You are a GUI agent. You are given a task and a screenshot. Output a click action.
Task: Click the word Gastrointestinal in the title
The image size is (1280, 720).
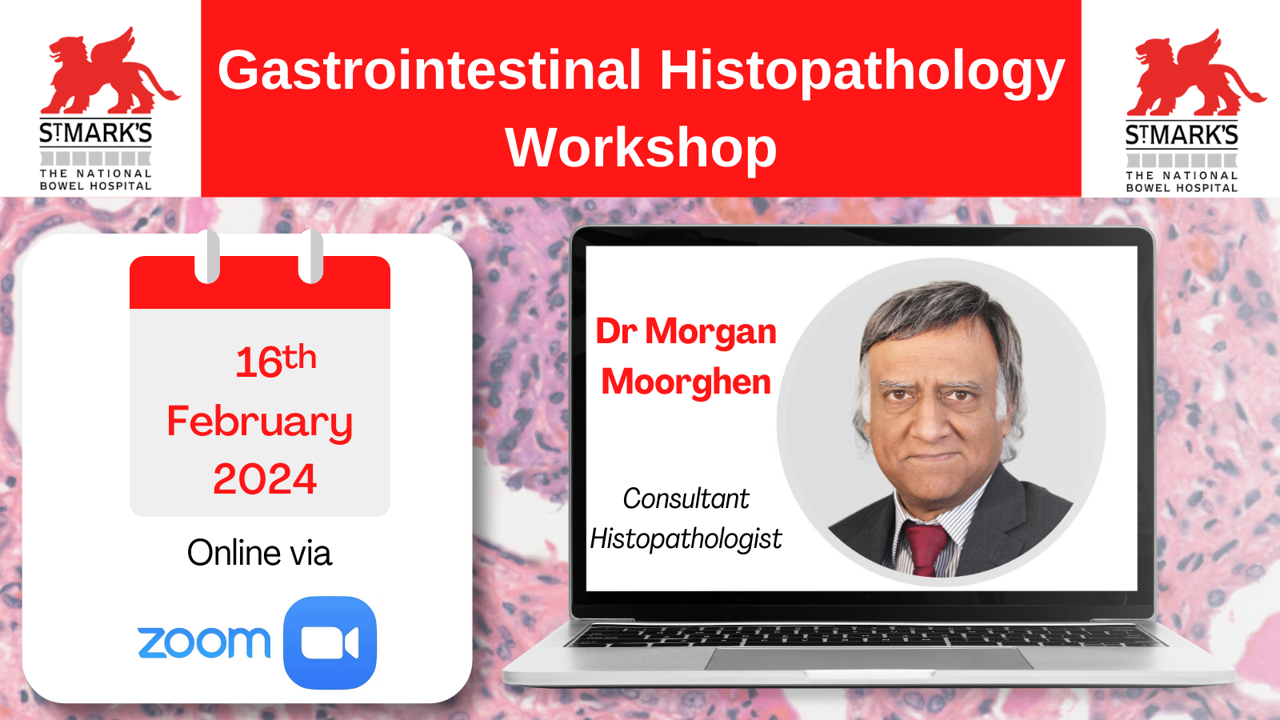coord(429,70)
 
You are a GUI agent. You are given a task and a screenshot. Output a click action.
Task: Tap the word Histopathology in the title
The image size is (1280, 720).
coord(862,74)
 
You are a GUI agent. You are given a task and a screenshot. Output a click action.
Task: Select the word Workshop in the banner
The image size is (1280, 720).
coord(641,148)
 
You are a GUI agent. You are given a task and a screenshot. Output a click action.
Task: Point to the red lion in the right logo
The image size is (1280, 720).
coord(1195,74)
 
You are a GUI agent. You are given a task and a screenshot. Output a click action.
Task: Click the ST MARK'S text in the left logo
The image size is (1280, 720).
coord(95,133)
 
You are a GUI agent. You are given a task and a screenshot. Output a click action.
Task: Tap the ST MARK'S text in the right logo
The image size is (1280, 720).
coord(1182,135)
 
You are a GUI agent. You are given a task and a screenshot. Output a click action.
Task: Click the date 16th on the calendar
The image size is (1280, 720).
coord(276,362)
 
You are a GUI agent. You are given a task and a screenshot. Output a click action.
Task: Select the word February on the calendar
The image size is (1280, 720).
coord(260,423)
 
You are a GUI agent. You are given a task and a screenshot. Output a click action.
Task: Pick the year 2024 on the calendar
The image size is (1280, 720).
coord(265,479)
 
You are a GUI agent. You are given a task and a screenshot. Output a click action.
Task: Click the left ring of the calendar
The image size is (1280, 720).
coord(207,257)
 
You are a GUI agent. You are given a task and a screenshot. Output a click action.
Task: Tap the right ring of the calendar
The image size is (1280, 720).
coord(311,257)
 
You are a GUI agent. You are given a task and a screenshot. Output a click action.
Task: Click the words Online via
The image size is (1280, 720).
coord(259,553)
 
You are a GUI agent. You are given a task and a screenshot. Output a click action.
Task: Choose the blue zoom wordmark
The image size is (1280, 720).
coord(204,642)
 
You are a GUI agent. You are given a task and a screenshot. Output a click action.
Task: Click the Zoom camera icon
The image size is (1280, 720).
coord(330,643)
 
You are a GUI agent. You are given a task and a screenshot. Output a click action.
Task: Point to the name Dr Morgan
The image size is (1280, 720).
coord(686,332)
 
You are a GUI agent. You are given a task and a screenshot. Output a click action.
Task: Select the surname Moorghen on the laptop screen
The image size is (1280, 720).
coord(686,382)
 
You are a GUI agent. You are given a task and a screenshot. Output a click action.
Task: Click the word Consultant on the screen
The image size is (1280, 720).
coord(686,498)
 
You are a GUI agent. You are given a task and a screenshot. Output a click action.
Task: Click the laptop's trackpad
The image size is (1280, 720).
coord(869,658)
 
